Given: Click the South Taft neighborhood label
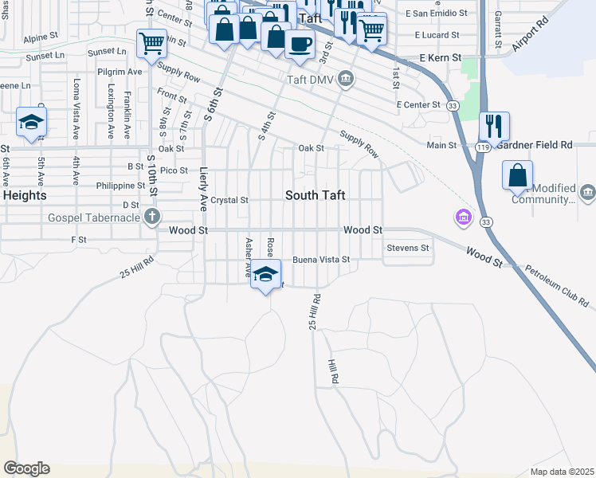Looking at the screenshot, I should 315,195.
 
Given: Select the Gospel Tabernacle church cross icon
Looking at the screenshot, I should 152,216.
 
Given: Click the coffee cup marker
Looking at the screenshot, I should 300,45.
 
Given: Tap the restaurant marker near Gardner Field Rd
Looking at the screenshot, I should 494,127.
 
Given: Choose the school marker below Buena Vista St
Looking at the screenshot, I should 266,274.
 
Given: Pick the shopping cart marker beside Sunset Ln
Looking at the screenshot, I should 151,43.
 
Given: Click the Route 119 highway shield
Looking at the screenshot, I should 482,147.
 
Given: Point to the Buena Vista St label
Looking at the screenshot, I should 321,260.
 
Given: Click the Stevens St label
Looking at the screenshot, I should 408,248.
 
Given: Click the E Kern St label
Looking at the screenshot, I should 440,58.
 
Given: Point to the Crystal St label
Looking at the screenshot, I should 229,200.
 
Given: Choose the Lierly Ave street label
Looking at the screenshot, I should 204,189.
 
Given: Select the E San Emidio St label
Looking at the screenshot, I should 433,14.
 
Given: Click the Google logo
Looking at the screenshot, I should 26,468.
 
